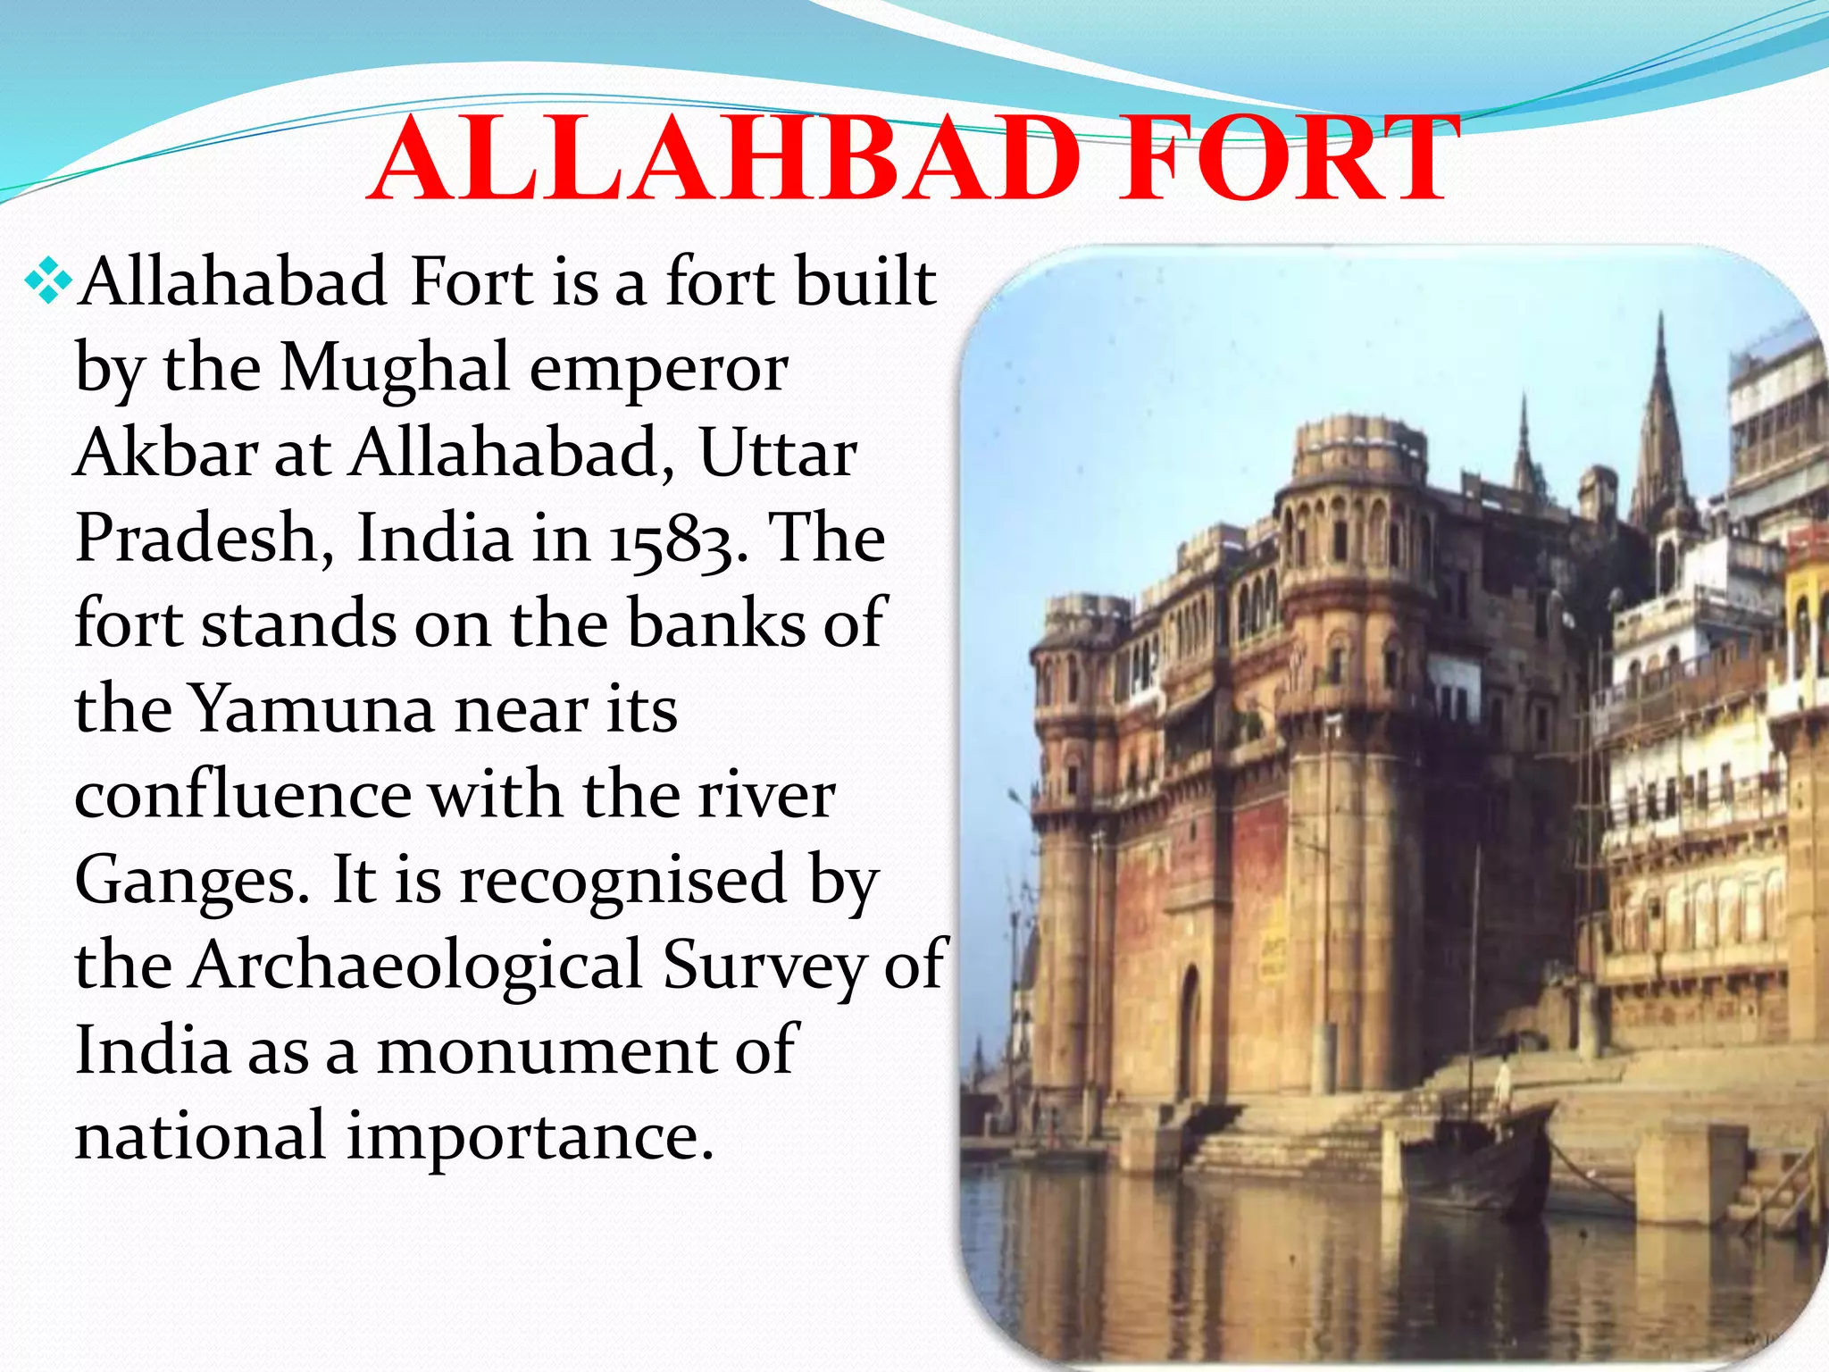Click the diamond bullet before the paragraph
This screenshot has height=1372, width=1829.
click(x=48, y=284)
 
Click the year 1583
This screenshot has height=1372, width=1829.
click(x=679, y=540)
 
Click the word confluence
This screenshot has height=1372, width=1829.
click(x=243, y=794)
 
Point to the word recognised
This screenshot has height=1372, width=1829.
click(x=622, y=879)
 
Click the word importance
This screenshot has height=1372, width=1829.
click(x=530, y=1135)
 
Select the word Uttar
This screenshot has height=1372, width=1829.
click(x=777, y=453)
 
